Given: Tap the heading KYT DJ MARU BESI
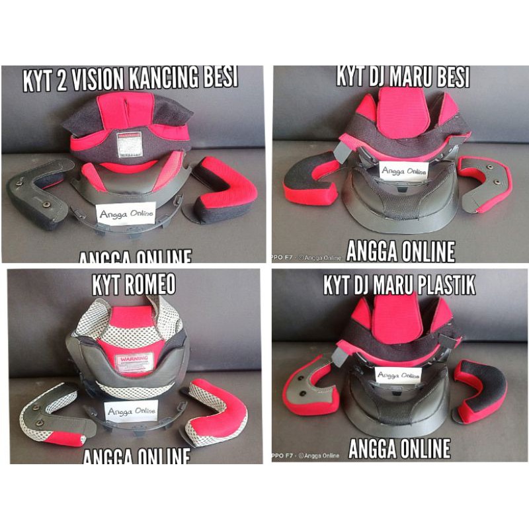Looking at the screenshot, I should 403,77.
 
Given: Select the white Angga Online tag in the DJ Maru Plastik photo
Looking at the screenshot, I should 399,375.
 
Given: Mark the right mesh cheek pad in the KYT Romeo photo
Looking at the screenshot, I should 215,410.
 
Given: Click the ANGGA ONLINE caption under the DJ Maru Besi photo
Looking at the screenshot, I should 401,251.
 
